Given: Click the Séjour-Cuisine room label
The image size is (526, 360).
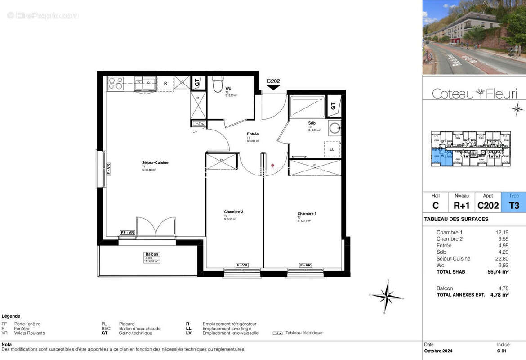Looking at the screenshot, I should click(155, 163).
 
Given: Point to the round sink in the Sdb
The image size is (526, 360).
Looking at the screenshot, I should click(335, 128).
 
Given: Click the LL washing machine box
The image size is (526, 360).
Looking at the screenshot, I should click(332, 149).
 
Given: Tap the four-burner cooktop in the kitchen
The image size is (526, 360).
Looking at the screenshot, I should click(116, 83).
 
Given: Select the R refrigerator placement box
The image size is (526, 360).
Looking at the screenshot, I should click(165, 83).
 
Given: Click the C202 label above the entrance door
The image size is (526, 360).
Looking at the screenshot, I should click(273, 81).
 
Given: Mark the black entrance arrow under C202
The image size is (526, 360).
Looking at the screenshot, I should click(273, 88).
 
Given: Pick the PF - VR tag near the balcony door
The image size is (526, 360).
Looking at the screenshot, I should click(127, 232).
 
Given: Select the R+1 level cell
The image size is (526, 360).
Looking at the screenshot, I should click(462, 206).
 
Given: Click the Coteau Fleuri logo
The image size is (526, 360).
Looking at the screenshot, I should click(474, 94).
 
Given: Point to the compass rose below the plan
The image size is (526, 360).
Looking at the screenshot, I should click(387, 296).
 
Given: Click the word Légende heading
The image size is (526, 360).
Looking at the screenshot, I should click(11, 316).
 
